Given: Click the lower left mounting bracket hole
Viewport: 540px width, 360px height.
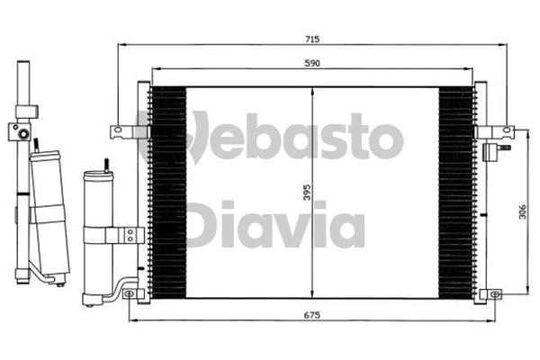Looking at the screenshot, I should tap(129, 293).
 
